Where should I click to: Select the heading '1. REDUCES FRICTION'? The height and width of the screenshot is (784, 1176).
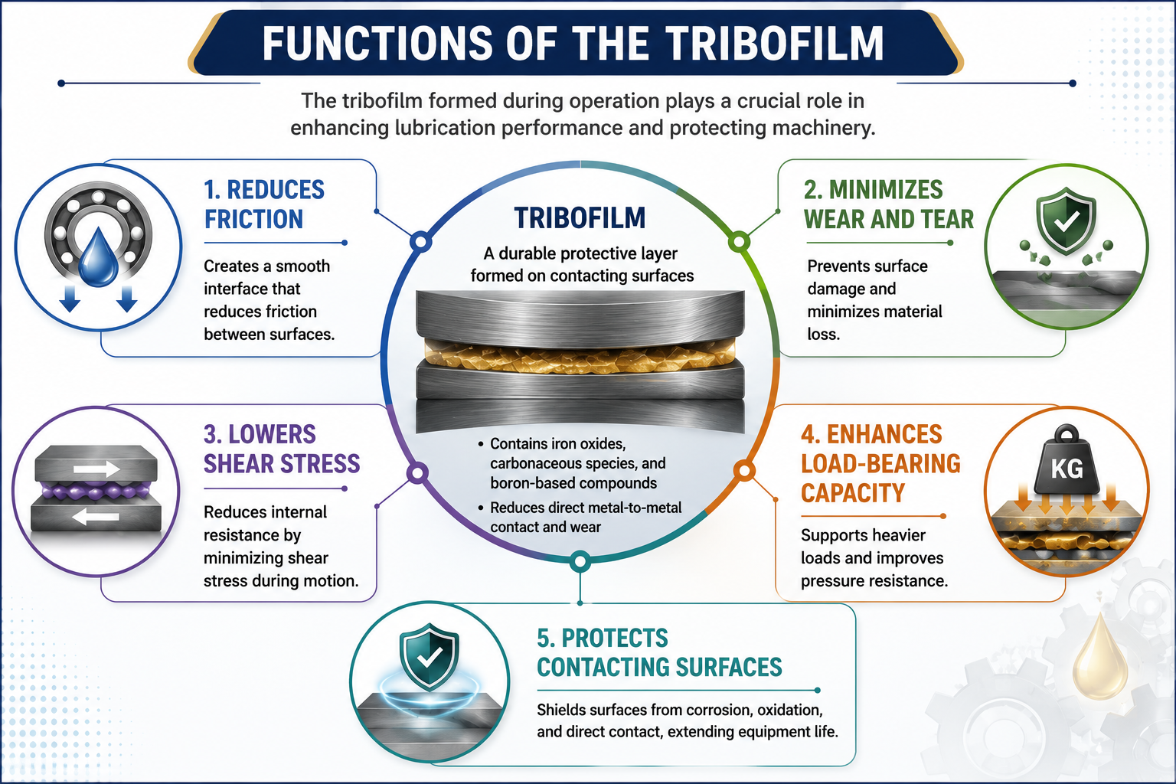click(264, 204)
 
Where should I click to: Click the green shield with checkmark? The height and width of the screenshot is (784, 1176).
click(1066, 221)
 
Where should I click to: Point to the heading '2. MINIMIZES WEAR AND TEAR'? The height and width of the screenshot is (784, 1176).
click(889, 204)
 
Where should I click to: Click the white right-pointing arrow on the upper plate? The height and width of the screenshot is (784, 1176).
click(96, 469)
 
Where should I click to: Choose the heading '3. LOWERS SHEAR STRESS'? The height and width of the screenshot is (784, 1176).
click(282, 449)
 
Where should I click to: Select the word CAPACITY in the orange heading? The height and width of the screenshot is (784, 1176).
click(853, 492)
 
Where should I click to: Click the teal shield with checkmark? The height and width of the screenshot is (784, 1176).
click(430, 656)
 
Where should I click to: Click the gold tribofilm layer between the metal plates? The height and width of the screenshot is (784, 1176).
click(580, 357)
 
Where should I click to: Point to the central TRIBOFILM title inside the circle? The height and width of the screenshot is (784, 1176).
click(580, 218)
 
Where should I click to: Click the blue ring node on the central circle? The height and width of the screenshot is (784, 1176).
click(421, 242)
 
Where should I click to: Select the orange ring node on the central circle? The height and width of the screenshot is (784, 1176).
click(744, 471)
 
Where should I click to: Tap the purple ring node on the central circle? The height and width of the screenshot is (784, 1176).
click(417, 473)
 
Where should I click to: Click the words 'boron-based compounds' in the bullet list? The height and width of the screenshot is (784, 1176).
click(573, 483)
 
